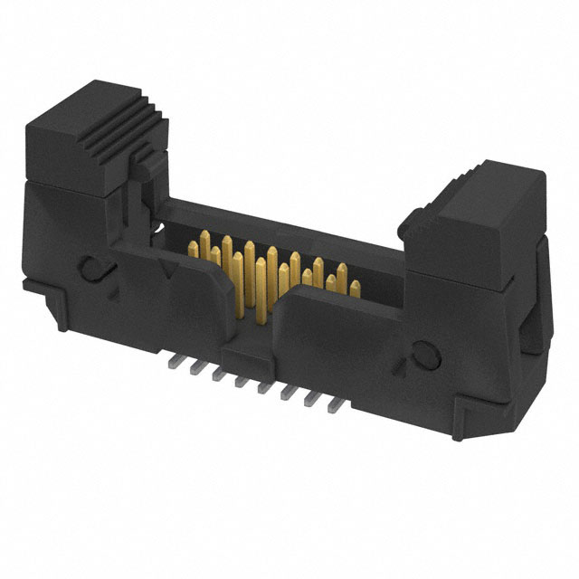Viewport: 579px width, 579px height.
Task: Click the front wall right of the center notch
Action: point(344,344)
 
